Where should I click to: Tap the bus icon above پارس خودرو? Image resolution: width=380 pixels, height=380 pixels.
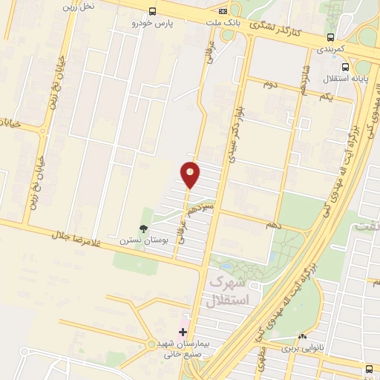tap(152, 12)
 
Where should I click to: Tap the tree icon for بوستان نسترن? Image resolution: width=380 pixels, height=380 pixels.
tap(143, 229)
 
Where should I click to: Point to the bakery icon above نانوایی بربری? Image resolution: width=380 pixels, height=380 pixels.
tap(302, 337)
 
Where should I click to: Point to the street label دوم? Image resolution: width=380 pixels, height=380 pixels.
tap(270, 84)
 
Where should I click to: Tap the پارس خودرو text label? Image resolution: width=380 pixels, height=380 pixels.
tap(152, 24)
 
